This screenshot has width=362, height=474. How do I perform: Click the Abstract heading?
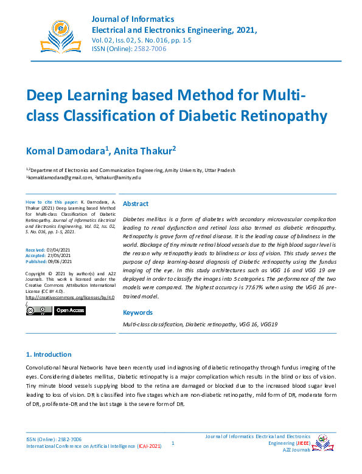135,204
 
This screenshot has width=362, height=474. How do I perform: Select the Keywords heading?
137,313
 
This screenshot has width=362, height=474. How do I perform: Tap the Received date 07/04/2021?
61,250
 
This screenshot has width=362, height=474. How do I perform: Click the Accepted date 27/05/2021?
61,256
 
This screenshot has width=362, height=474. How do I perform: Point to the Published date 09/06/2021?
62,262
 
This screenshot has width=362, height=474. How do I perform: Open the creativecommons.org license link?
70,298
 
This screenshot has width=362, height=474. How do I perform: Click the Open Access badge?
70,311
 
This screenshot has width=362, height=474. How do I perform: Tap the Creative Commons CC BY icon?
39,311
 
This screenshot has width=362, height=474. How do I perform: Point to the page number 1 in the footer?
173,443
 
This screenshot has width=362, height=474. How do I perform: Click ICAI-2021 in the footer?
150,446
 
